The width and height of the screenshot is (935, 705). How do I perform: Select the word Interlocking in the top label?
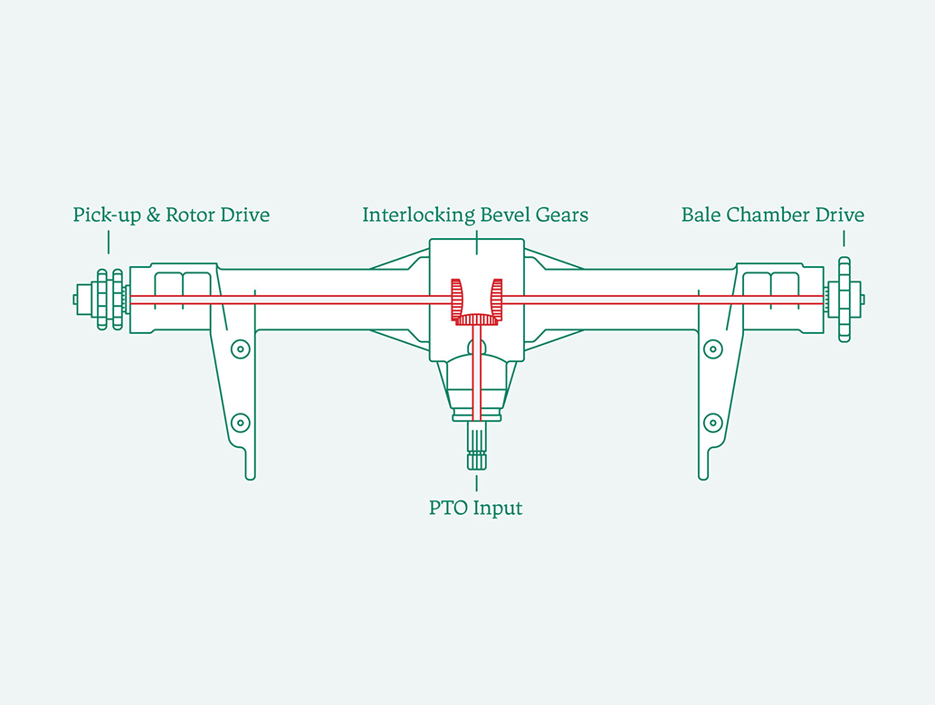[x=405, y=215]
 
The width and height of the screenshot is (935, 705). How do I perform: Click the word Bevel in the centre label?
[x=479, y=215]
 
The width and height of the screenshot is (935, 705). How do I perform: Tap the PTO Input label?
[x=475, y=508]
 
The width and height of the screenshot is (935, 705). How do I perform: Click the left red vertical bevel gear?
[x=457, y=300]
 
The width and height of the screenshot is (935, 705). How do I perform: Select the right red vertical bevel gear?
[x=496, y=300]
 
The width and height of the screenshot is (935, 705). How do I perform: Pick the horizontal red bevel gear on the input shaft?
[x=476, y=319]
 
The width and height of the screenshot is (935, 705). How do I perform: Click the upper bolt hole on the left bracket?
[x=240, y=348]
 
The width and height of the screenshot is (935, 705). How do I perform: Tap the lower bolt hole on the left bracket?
[x=240, y=422]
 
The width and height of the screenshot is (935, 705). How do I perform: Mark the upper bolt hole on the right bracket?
[x=713, y=348]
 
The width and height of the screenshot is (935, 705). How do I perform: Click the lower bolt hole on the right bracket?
[x=713, y=422]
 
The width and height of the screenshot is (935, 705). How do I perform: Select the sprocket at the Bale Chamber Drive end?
[x=844, y=300]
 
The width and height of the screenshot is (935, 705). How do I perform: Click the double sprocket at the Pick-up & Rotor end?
[x=110, y=300]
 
